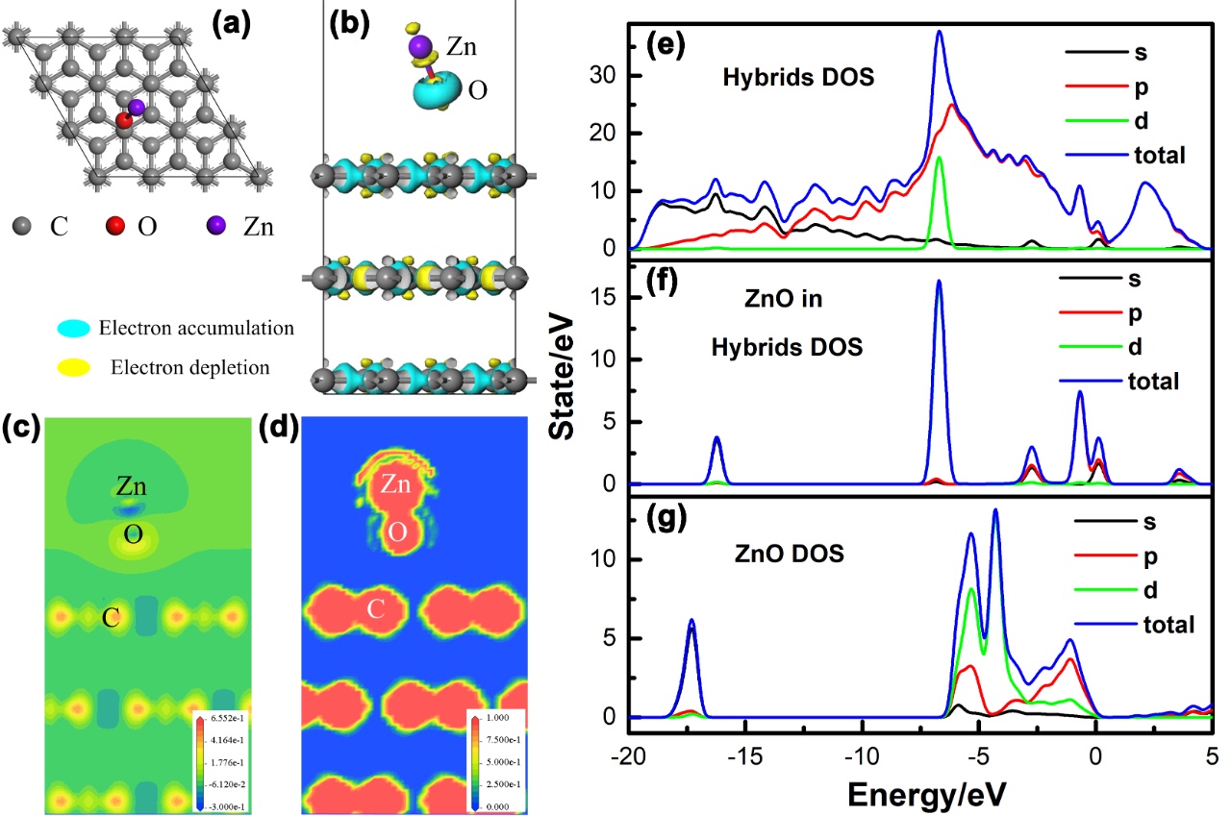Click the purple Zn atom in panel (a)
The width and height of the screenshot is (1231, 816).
click(x=138, y=107)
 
